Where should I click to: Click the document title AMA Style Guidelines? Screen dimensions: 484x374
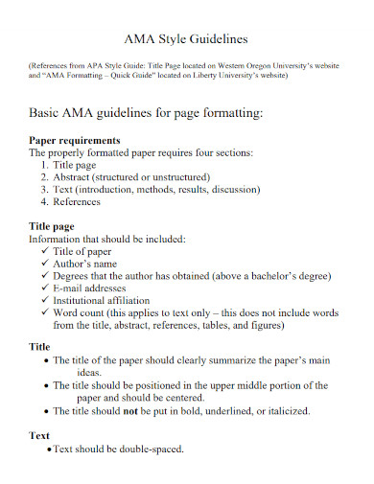click(187, 39)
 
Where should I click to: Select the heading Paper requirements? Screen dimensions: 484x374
click(75, 139)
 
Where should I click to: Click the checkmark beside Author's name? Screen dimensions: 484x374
click(45, 264)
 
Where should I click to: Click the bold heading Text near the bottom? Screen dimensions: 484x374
click(40, 435)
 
